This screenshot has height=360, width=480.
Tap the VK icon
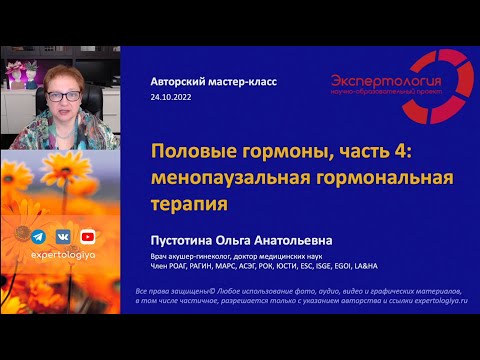tap(63, 237)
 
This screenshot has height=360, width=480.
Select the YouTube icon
tap(88, 237)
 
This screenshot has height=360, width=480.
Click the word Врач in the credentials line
tap(160, 259)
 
